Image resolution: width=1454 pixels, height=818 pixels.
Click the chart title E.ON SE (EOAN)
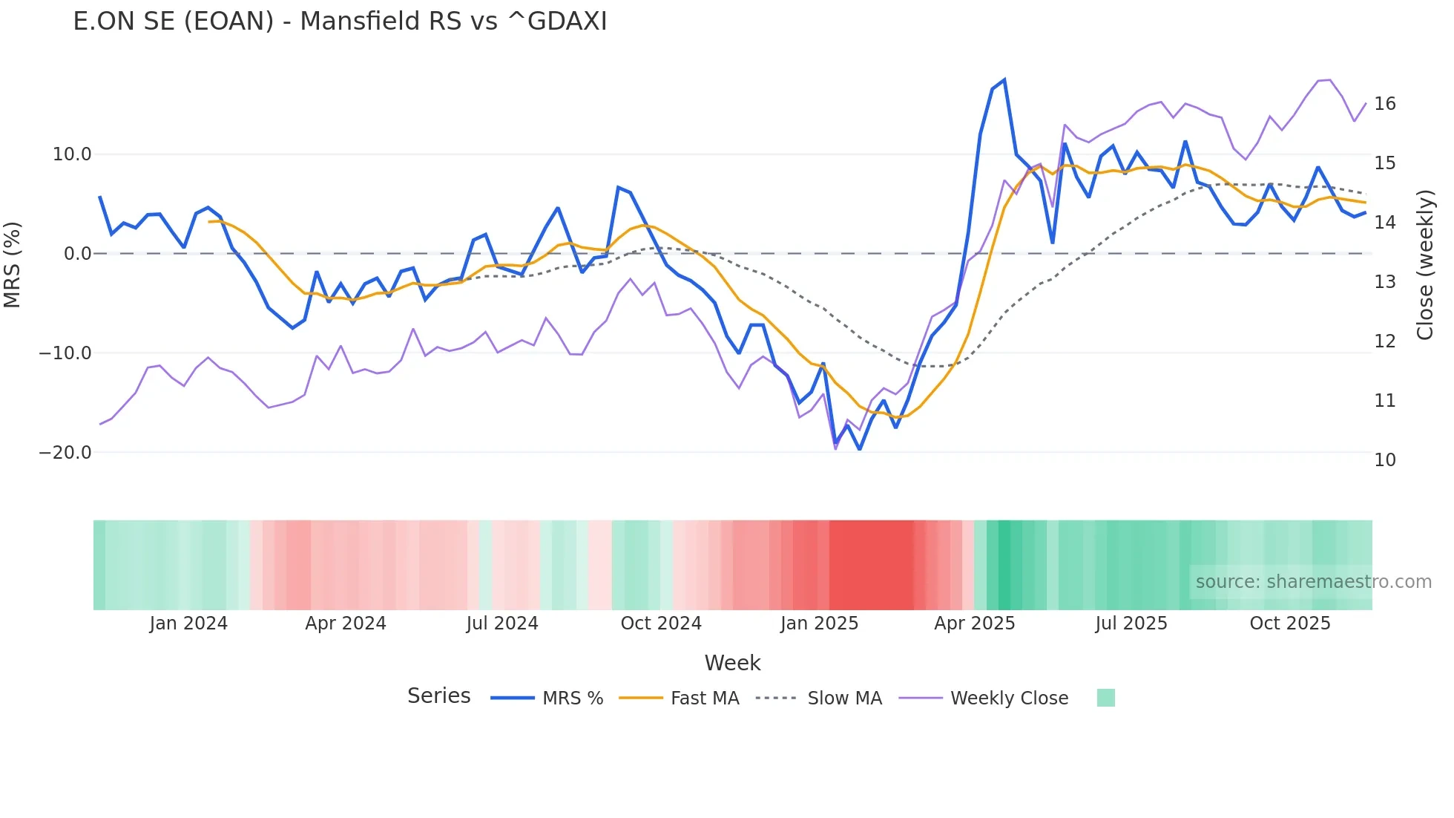[339, 22]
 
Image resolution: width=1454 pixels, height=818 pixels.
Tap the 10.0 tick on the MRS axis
[72, 154]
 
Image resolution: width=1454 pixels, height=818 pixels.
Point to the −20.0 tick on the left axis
[65, 453]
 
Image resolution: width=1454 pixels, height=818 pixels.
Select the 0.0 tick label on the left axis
[78, 254]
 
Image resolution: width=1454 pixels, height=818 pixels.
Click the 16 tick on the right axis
[1384, 104]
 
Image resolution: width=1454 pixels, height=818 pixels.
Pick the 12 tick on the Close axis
[1384, 341]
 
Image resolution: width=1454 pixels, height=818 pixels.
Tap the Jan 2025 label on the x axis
[819, 624]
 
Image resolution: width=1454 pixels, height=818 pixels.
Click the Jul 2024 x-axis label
[502, 624]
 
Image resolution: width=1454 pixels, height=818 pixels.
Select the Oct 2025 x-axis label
[1290, 624]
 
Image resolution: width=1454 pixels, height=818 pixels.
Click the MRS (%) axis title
[13, 265]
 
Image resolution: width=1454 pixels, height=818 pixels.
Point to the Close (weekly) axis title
[1425, 265]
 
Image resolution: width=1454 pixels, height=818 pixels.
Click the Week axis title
[732, 663]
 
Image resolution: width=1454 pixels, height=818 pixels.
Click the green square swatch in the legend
[1105, 698]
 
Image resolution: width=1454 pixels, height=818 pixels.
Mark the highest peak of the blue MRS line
[1004, 80]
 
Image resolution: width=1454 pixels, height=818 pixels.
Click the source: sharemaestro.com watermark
[1313, 582]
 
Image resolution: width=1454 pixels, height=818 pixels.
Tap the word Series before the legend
[438, 696]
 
